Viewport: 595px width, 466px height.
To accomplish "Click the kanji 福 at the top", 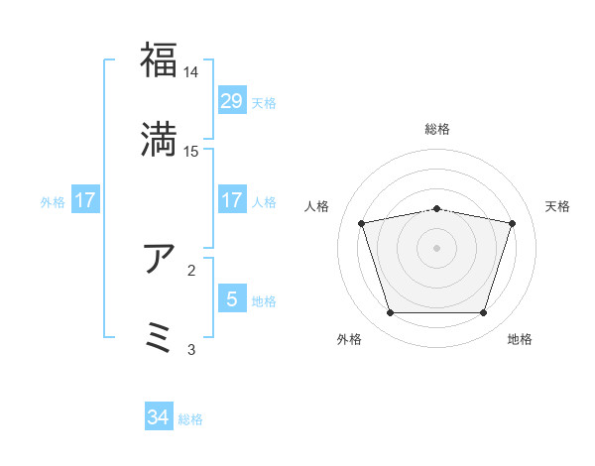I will click(159, 60).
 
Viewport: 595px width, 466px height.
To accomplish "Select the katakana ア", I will click(159, 258).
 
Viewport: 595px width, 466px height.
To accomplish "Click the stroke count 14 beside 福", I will click(190, 72).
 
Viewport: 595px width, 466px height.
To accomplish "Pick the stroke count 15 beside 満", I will click(191, 151).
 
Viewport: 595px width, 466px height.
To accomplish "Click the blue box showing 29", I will click(231, 101).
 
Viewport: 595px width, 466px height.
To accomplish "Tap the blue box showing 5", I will click(231, 298).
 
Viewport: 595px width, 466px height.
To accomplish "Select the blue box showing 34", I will click(159, 418).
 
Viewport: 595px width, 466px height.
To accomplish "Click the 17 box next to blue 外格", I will click(85, 200).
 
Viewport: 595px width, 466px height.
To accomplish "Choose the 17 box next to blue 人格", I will click(231, 200).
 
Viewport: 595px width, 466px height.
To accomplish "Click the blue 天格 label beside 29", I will click(264, 102).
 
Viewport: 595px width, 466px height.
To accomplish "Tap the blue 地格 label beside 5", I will click(264, 300).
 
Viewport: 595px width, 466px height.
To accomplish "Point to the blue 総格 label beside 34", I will click(190, 419).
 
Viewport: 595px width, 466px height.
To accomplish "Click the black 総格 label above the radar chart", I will click(437, 129).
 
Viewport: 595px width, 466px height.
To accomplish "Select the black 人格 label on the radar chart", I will click(318, 206).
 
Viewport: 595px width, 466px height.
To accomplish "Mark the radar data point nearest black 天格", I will click(512, 223).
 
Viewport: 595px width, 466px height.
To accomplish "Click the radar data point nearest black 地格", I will click(483, 313).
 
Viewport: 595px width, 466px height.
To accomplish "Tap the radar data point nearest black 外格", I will click(390, 313).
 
